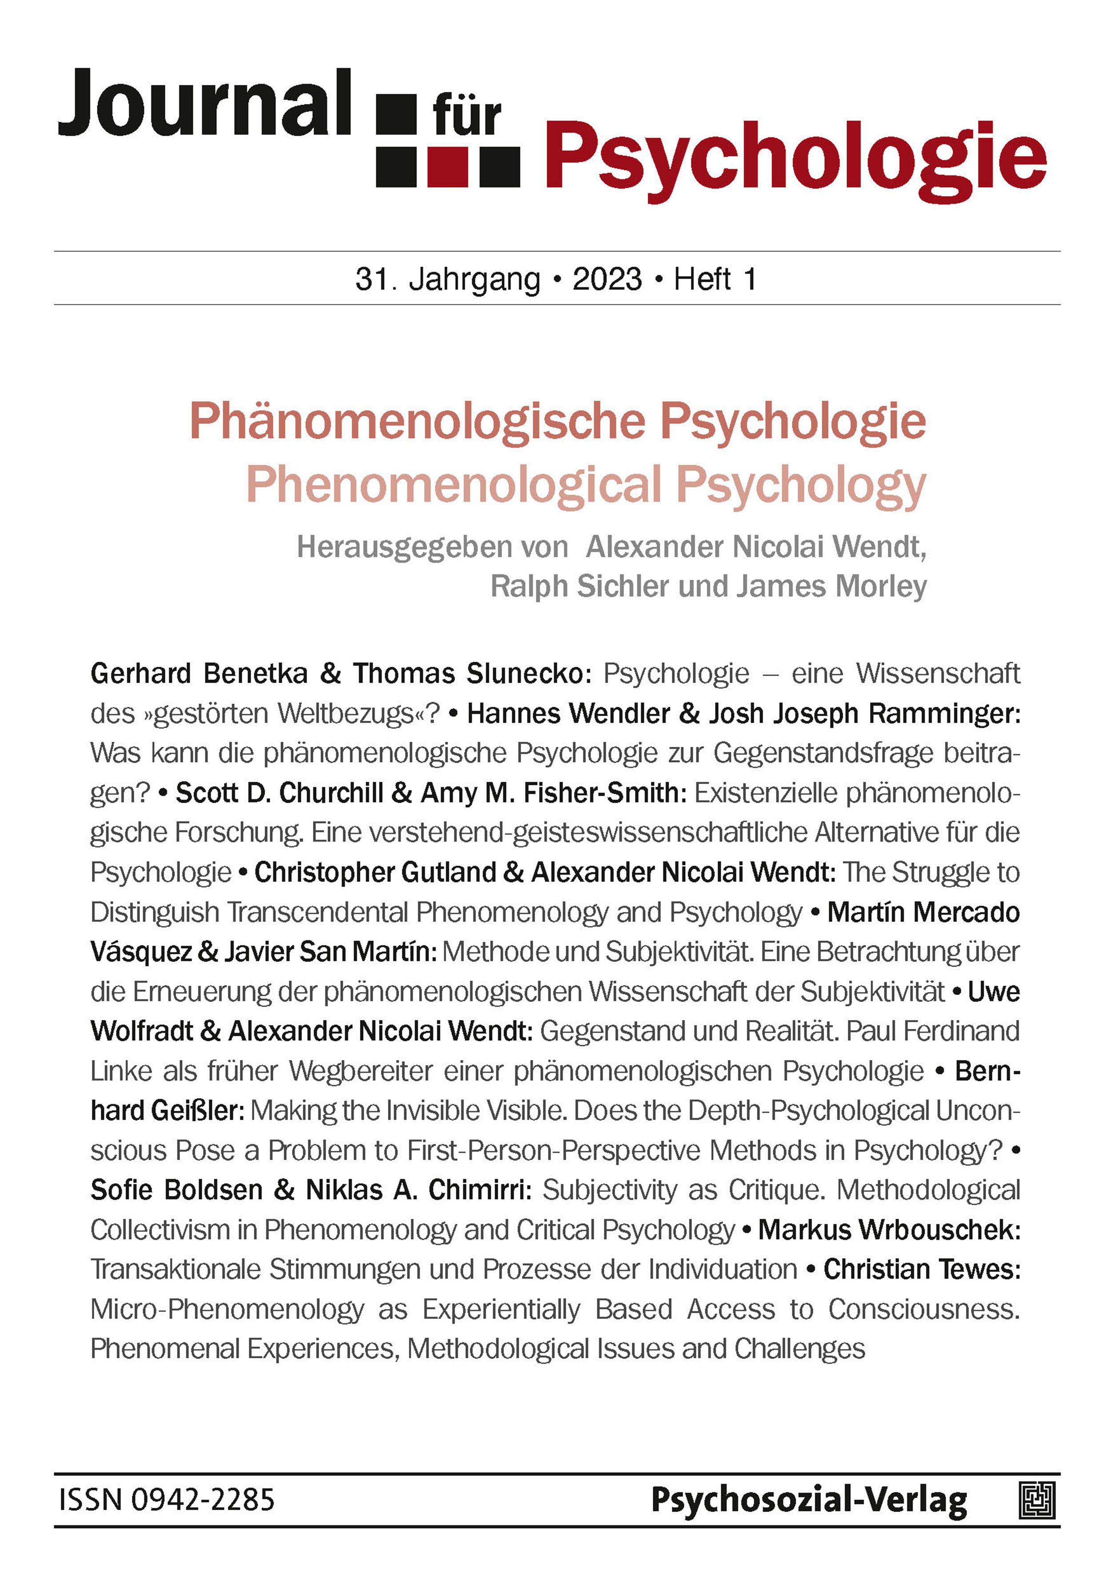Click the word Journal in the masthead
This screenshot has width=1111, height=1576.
(204, 104)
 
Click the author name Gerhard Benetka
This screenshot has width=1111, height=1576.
(199, 673)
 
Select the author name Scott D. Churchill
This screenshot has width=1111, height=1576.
(279, 793)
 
